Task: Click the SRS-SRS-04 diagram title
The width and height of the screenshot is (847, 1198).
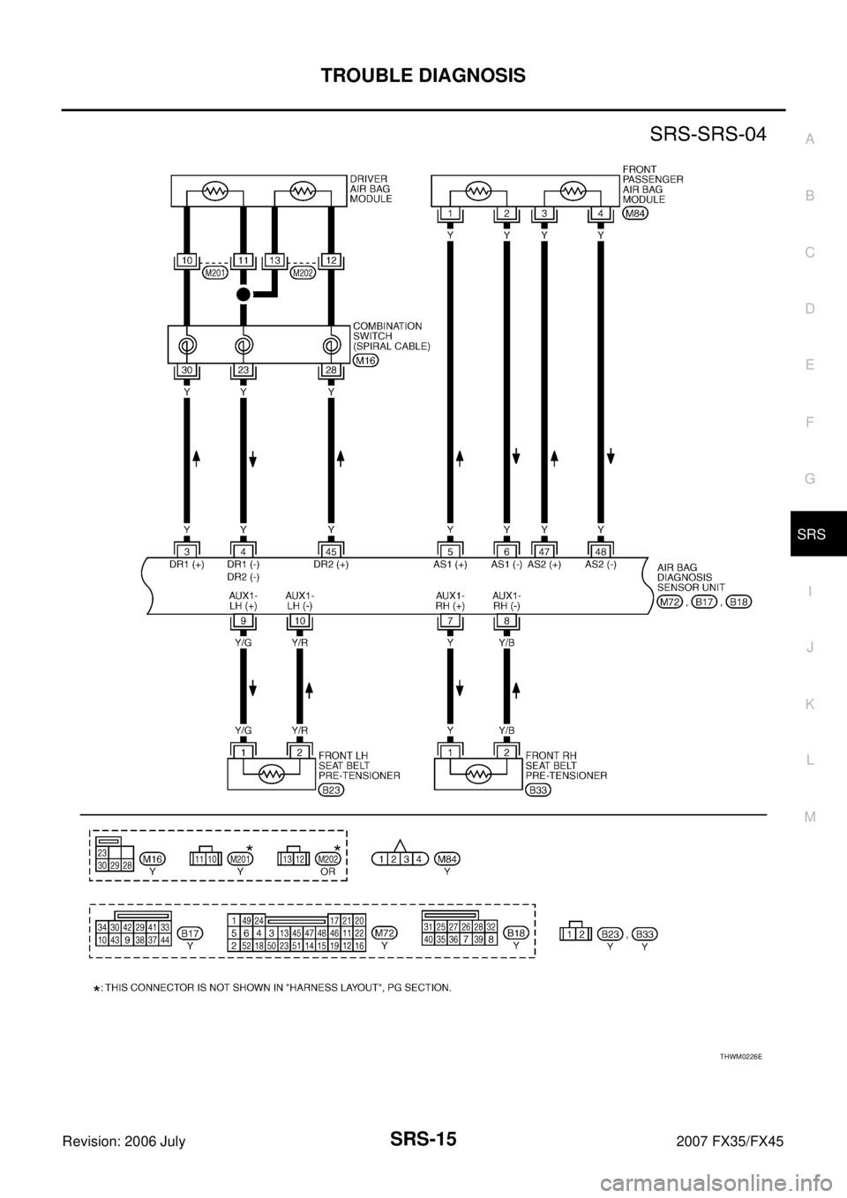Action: pyautogui.click(x=708, y=134)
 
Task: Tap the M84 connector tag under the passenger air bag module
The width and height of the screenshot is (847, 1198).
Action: pyautogui.click(x=636, y=213)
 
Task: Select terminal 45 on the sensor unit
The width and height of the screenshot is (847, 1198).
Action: pyautogui.click(x=331, y=550)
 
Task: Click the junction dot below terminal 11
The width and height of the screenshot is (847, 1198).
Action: pyautogui.click(x=244, y=294)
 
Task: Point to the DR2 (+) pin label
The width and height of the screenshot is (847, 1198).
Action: pyautogui.click(x=331, y=564)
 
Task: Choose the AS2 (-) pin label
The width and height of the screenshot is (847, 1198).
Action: pyautogui.click(x=601, y=564)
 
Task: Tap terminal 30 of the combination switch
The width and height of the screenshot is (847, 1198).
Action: pyautogui.click(x=187, y=370)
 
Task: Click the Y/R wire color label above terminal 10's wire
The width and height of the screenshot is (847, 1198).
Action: pyautogui.click(x=299, y=643)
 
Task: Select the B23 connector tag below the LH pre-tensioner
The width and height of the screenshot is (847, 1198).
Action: pyautogui.click(x=332, y=790)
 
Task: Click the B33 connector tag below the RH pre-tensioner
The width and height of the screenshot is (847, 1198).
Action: pyautogui.click(x=538, y=790)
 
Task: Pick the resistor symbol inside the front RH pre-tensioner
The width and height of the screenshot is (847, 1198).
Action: pyautogui.click(x=478, y=774)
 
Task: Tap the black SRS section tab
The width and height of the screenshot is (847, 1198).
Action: pyautogui.click(x=819, y=534)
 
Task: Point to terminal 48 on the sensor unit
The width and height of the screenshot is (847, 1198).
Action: pyautogui.click(x=601, y=550)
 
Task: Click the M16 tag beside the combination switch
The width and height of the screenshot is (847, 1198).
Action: pyautogui.click(x=366, y=361)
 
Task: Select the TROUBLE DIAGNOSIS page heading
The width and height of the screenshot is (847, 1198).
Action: pyautogui.click(x=423, y=76)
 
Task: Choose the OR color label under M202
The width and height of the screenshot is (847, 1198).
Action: pyautogui.click(x=328, y=872)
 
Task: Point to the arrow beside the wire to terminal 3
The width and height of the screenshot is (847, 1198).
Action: pyautogui.click(x=196, y=459)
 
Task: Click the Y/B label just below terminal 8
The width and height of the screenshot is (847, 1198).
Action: pyautogui.click(x=506, y=643)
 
